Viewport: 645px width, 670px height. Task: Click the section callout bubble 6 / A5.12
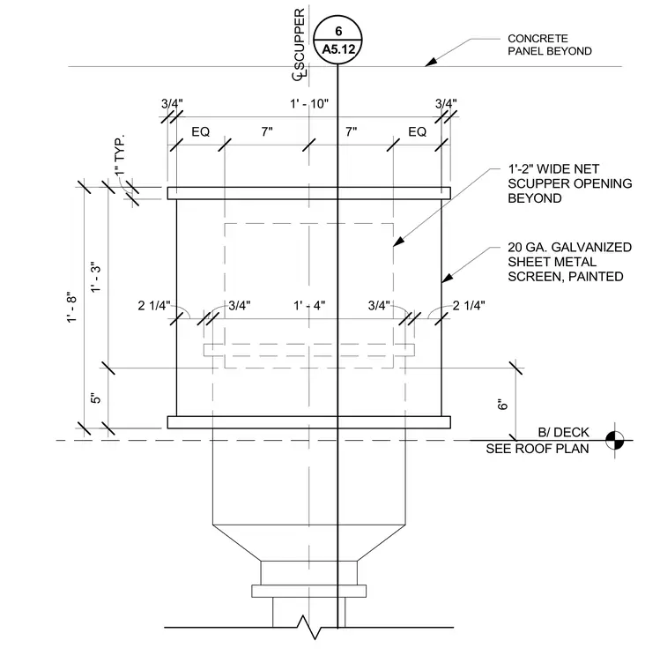(x=337, y=40)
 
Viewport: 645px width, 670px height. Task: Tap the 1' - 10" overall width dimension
(x=309, y=104)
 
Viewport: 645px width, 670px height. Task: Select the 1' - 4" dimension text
(x=309, y=306)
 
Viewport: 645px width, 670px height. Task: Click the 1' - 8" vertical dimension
(x=72, y=307)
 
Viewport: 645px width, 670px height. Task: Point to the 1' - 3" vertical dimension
(x=96, y=277)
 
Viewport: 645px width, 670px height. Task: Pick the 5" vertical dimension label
(x=96, y=398)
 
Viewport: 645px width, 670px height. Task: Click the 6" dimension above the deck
(x=503, y=404)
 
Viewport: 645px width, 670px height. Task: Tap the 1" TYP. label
(x=120, y=154)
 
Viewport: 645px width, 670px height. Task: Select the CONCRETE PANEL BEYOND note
(x=549, y=45)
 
